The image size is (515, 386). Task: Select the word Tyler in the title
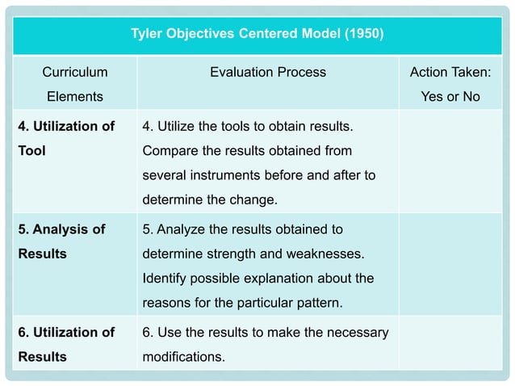148,35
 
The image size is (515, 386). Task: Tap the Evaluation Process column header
268,73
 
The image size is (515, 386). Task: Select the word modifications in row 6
183,356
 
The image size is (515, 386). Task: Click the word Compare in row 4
166,150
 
